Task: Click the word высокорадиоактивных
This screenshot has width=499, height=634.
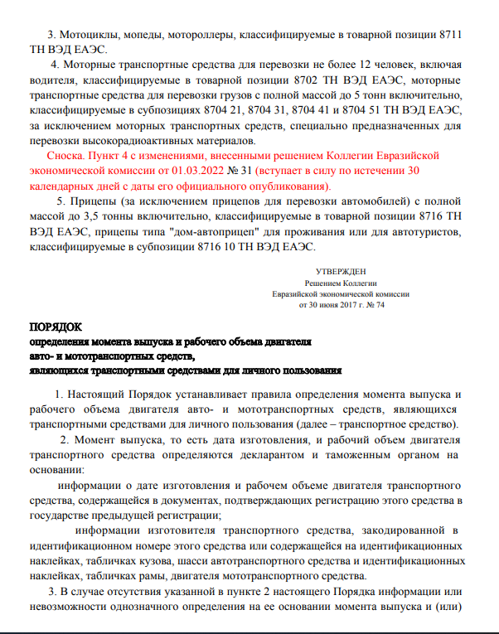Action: pos(137,141)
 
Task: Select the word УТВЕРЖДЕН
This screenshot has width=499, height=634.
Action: pos(341,271)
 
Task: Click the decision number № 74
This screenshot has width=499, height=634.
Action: pos(375,304)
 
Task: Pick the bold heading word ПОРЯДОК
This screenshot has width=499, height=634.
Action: pos(56,327)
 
